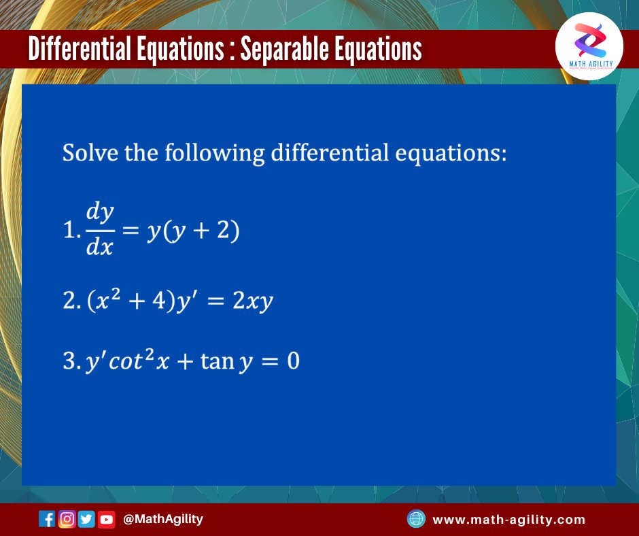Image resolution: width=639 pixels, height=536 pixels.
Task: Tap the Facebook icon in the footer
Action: click(48, 520)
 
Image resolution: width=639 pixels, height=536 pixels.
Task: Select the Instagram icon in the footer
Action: click(67, 520)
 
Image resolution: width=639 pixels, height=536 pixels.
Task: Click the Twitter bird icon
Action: click(86, 520)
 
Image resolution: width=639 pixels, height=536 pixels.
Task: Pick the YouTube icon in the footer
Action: click(106, 520)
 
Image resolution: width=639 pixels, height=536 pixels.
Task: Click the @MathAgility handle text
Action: click(163, 520)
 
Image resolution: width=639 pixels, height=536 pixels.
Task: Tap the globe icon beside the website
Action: click(415, 520)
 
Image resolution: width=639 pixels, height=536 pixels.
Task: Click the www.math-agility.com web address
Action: click(508, 520)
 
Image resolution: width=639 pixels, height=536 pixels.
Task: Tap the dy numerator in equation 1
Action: click(99, 214)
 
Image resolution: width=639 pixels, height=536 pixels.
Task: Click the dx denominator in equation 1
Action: click(99, 248)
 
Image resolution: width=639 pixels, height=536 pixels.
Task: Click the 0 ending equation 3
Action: click(292, 361)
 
